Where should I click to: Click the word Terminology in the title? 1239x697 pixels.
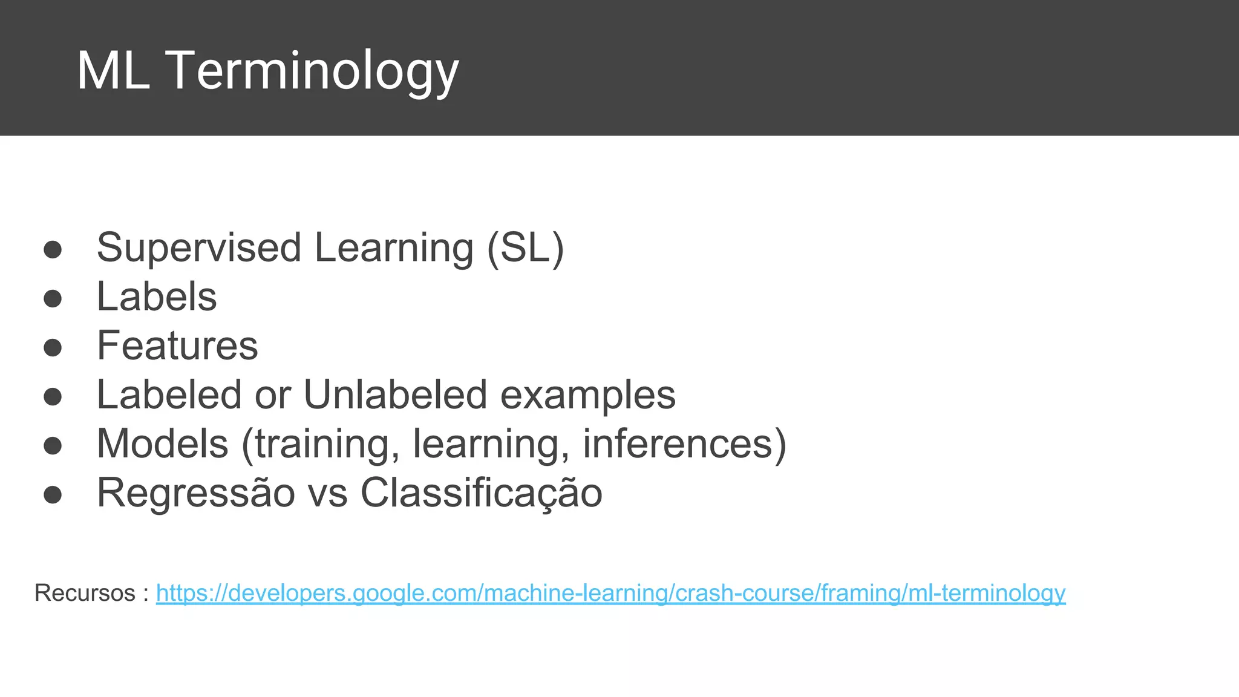point(312,71)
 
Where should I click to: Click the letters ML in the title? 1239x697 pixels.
point(113,71)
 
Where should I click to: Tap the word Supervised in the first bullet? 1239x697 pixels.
point(199,247)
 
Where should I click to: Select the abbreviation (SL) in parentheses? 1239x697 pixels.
point(526,247)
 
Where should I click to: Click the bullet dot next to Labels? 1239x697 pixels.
point(53,298)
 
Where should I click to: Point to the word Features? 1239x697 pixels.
point(177,345)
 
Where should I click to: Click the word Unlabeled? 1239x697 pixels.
point(395,394)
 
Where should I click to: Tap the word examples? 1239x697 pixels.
point(587,394)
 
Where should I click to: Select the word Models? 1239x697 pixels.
point(163,443)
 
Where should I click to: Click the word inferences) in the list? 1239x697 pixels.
point(684,443)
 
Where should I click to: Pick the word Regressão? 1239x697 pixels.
point(196,492)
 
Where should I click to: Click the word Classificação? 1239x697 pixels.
point(482,492)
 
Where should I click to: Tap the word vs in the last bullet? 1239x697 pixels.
point(327,492)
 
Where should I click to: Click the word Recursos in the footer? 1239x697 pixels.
point(85,593)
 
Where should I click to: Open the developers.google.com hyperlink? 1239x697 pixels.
point(610,593)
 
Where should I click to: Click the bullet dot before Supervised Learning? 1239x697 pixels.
point(53,249)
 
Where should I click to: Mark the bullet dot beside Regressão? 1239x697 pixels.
point(53,494)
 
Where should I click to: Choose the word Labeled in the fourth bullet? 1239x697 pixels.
point(169,394)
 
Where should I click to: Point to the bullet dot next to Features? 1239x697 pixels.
point(53,347)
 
